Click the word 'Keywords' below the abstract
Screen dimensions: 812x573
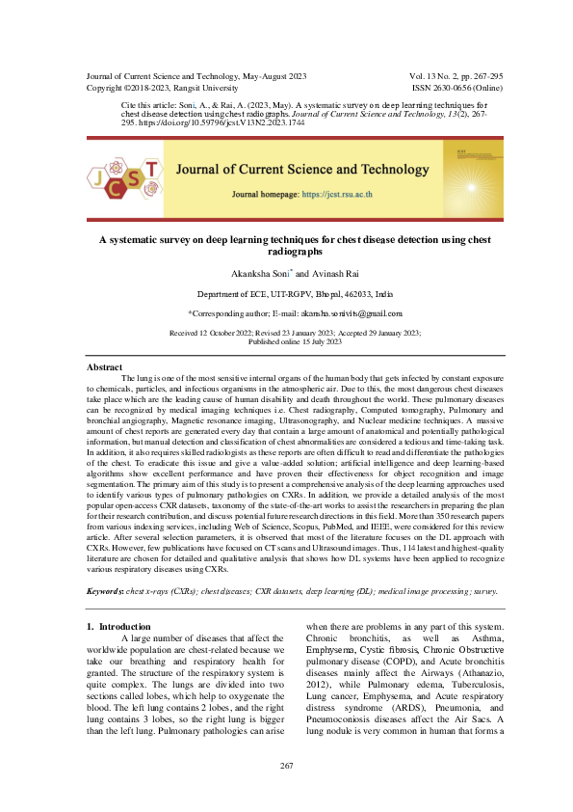point(105,589)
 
